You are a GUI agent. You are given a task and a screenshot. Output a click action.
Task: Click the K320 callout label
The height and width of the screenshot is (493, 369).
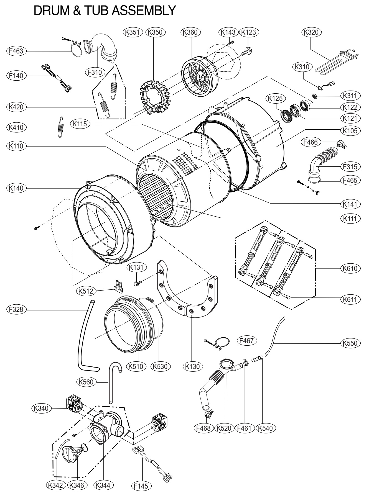click(312, 32)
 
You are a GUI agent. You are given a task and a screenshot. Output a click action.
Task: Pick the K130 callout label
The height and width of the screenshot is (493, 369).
click(193, 366)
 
